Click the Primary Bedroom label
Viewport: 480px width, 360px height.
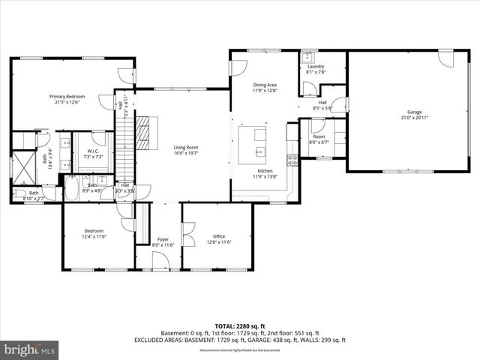pyautogui.click(x=67, y=97)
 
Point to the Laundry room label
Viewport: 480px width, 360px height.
pyautogui.click(x=315, y=67)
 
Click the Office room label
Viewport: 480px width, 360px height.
pyautogui.click(x=218, y=236)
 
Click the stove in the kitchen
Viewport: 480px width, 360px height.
pyautogui.click(x=292, y=160)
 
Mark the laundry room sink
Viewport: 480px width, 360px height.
pyautogui.click(x=307, y=56)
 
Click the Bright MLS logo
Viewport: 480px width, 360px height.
pyautogui.click(x=30, y=349)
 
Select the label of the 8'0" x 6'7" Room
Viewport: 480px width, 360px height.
pyautogui.click(x=319, y=136)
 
